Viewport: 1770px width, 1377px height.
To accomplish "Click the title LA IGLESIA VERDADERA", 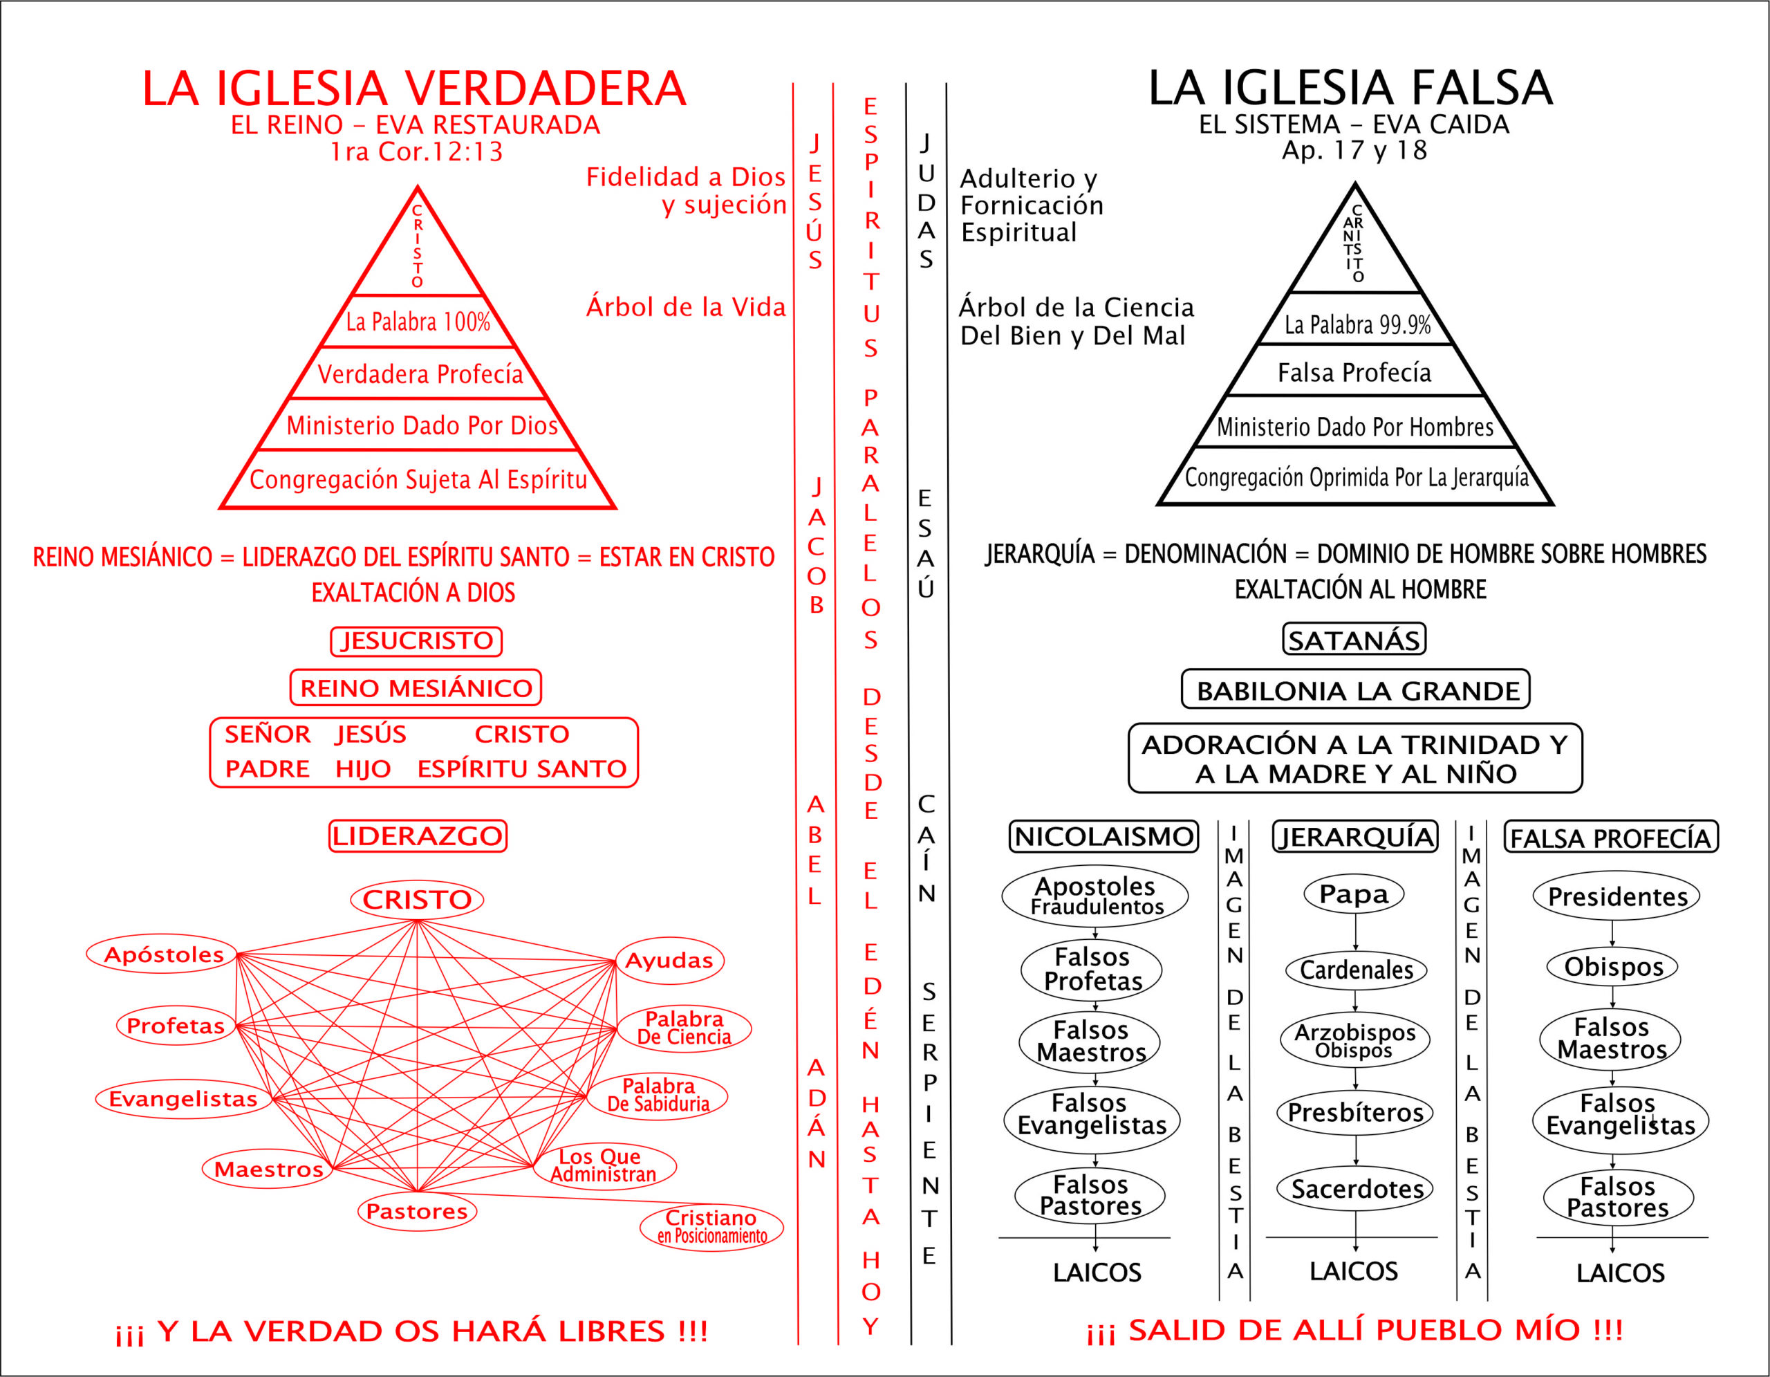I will (x=414, y=89).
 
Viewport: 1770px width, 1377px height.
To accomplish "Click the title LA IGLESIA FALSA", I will (x=1350, y=88).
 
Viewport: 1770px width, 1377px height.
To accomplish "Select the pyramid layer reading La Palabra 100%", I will (x=418, y=322).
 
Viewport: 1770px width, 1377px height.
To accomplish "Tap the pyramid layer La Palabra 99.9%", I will (x=1357, y=324).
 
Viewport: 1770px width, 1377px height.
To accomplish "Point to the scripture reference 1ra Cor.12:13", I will (x=416, y=151).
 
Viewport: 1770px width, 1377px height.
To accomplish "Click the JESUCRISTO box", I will (x=416, y=641).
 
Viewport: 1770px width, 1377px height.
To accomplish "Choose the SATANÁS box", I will (x=1354, y=640).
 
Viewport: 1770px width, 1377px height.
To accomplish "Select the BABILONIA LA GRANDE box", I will (x=1356, y=690).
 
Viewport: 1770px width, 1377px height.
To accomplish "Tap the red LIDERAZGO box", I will (x=418, y=836).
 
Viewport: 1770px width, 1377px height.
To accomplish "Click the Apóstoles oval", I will (x=163, y=954).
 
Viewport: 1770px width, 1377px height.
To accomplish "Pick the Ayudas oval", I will (x=669, y=961).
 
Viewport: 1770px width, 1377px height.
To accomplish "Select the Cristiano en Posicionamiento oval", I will (x=711, y=1227).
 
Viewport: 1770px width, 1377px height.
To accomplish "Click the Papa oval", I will (x=1354, y=895).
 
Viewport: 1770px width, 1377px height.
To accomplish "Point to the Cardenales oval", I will (x=1356, y=970).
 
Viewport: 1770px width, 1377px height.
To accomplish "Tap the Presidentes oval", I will (x=1617, y=896).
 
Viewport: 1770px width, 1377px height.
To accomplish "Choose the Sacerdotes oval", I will (x=1357, y=1190).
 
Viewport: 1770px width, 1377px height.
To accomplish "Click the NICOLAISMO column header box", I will (x=1103, y=836).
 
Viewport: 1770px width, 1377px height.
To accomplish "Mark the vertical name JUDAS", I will (x=926, y=202).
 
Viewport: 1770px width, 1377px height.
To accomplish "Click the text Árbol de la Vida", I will (x=686, y=307).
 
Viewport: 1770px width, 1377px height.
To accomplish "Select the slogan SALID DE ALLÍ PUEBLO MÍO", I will (x=1354, y=1330).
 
